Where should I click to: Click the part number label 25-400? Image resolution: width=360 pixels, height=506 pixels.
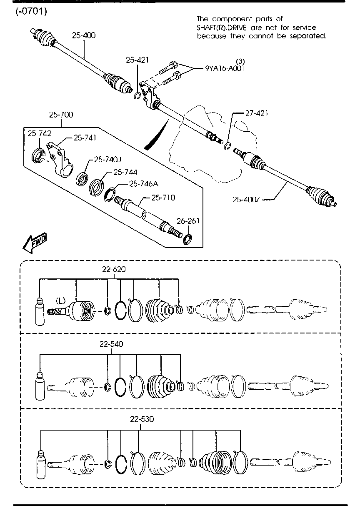[x=84, y=35]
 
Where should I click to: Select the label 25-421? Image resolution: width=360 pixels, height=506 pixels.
[x=137, y=60]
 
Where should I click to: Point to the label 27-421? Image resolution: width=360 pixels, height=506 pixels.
[x=256, y=113]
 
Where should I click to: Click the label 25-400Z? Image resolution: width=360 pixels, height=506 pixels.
[x=246, y=200]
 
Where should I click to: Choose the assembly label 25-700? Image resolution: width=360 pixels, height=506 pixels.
[x=61, y=115]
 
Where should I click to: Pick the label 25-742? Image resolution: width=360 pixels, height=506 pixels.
[x=40, y=133]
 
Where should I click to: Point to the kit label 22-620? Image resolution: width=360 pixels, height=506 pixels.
[x=114, y=269]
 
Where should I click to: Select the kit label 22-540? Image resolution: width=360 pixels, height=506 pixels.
[x=111, y=344]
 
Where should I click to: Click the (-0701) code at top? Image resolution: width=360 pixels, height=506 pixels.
[x=31, y=11]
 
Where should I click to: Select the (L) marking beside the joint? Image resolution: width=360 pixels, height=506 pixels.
[x=62, y=300]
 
